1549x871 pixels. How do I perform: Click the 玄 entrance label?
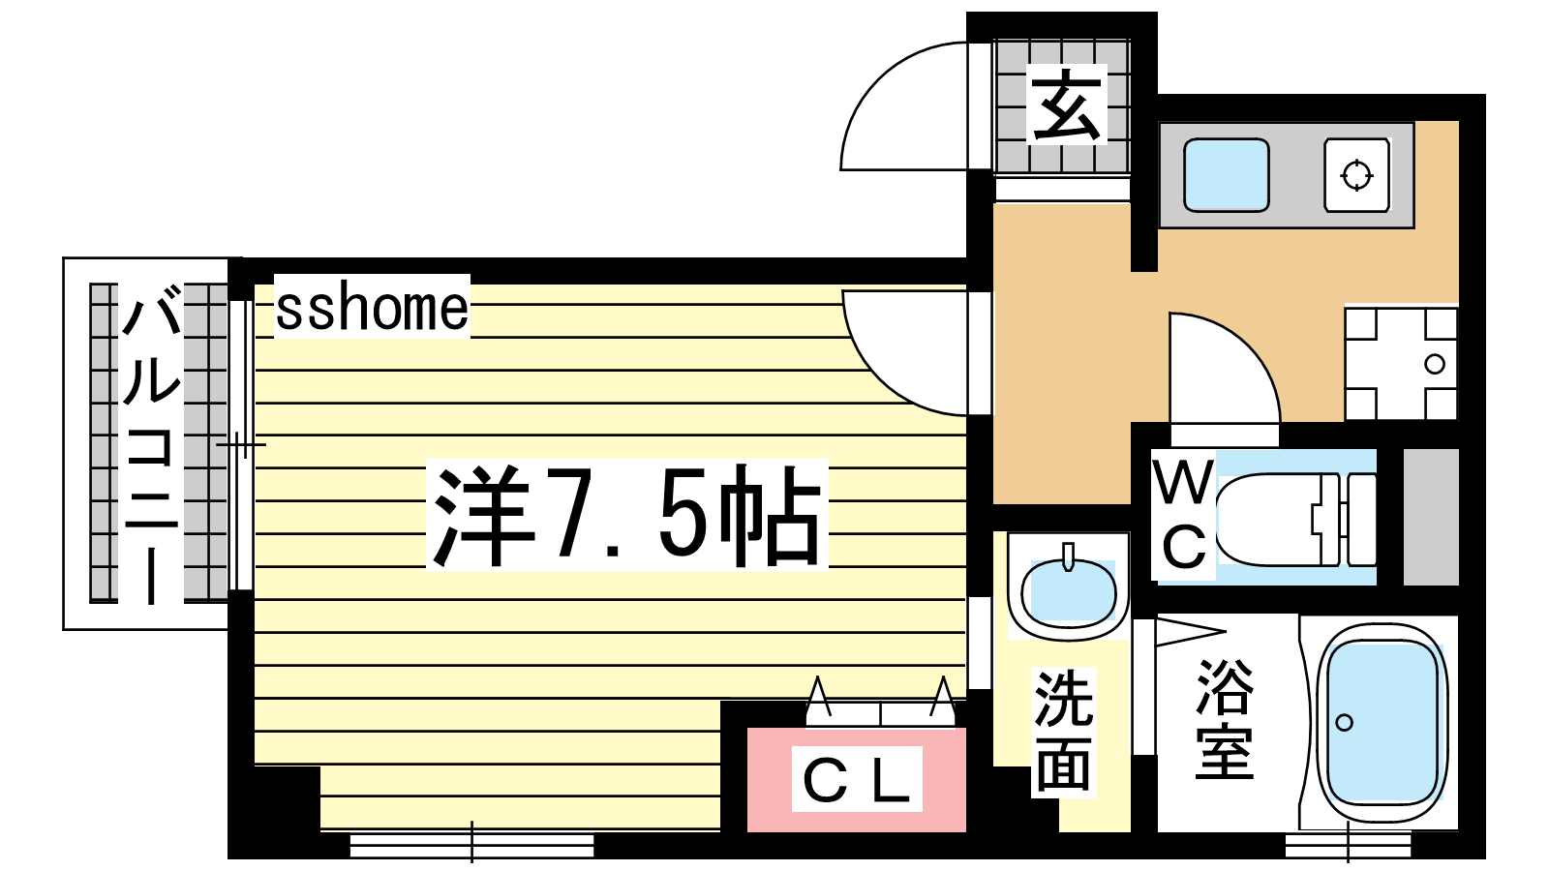(x=1066, y=105)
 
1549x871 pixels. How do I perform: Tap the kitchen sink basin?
(x=1226, y=175)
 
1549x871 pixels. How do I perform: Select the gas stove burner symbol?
(x=1356, y=175)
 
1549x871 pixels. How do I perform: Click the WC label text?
(x=1183, y=515)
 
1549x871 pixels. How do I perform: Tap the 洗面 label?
(x=1064, y=732)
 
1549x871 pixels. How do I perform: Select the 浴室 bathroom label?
(x=1225, y=720)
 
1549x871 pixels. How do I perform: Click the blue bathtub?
(x=1382, y=722)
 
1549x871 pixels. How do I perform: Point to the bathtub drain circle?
(x=1345, y=723)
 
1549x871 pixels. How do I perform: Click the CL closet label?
(x=856, y=779)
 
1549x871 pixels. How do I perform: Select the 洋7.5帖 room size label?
(x=626, y=515)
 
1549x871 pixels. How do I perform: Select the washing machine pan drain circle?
(x=1435, y=364)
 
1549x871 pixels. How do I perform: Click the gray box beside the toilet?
(x=1431, y=517)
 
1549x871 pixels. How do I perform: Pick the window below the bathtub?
(x=1347, y=846)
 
